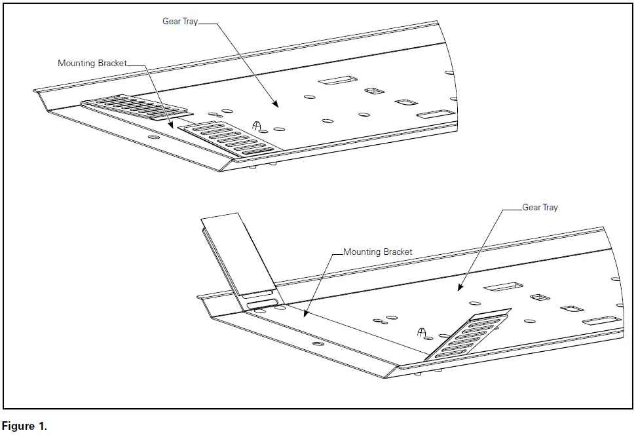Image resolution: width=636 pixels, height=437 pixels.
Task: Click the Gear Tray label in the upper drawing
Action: coord(179,22)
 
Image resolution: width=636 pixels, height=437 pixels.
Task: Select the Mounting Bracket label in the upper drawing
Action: coord(92,64)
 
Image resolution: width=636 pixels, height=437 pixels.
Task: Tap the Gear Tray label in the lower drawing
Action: coord(540,207)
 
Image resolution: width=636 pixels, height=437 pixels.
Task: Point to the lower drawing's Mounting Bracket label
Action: coord(378,252)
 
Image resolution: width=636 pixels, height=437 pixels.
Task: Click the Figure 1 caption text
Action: coord(24,427)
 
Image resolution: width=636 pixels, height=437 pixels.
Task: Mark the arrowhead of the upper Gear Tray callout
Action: coord(276,105)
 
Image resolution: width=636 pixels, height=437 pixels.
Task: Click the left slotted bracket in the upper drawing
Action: coord(134,108)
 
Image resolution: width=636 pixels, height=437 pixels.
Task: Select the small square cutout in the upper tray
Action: coord(373,90)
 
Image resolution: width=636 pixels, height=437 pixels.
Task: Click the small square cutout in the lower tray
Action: coord(539,297)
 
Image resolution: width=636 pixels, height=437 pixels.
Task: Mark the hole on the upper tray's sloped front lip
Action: coord(153,138)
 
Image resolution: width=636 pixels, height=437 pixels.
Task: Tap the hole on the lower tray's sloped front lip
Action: coord(318,344)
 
